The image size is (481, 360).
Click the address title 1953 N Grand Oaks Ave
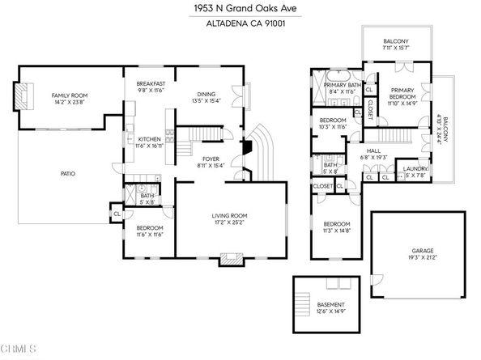click(240, 9)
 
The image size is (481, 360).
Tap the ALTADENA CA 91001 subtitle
click(240, 23)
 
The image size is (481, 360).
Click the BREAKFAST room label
click(151, 85)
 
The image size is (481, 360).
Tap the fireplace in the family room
click(23, 99)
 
